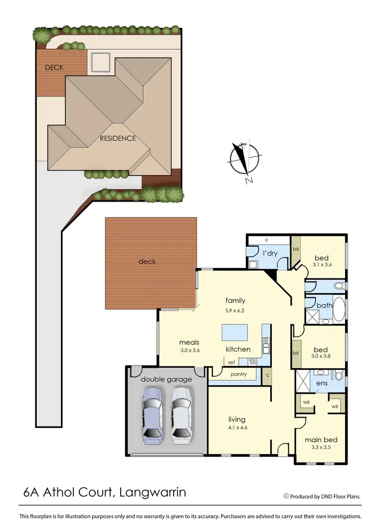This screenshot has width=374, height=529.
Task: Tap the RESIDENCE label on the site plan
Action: (117, 138)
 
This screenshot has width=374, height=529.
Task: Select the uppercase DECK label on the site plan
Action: (54, 67)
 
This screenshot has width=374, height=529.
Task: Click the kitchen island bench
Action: (236, 332)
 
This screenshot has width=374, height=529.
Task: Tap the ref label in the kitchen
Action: (231, 363)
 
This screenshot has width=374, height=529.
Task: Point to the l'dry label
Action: (270, 253)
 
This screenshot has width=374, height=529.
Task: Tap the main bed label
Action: (321, 440)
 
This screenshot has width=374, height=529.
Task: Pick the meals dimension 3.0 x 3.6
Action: (189, 350)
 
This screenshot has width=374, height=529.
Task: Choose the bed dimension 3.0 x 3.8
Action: (321, 356)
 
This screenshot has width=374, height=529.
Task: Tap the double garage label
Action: (166, 379)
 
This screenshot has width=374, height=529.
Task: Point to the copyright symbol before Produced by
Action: (286, 496)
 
